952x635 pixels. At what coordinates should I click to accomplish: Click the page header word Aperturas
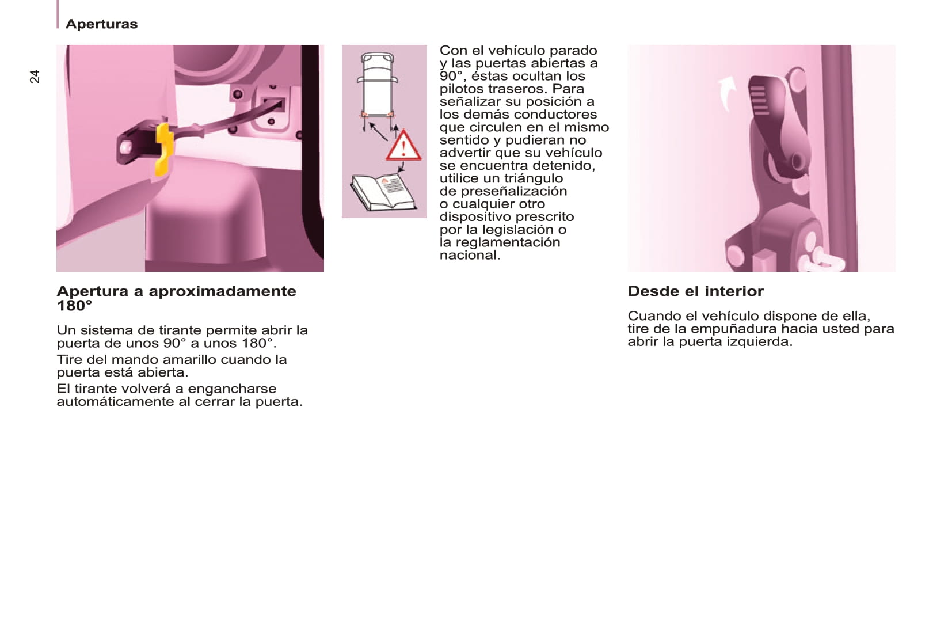[x=101, y=24]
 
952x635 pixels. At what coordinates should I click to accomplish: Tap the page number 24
[x=35, y=77]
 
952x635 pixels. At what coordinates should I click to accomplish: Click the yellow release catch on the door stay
[x=165, y=149]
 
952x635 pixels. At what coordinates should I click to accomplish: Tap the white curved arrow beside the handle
[x=726, y=93]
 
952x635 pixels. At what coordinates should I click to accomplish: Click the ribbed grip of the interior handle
[x=760, y=101]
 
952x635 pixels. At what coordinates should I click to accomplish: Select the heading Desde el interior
[x=696, y=291]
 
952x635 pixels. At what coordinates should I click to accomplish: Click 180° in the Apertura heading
[x=74, y=306]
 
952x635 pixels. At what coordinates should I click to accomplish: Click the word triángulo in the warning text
[x=534, y=178]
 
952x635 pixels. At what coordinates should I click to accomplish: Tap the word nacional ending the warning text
[x=470, y=255]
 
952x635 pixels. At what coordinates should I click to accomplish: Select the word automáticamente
[x=116, y=402]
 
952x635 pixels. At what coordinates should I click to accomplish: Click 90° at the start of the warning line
[x=452, y=76]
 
